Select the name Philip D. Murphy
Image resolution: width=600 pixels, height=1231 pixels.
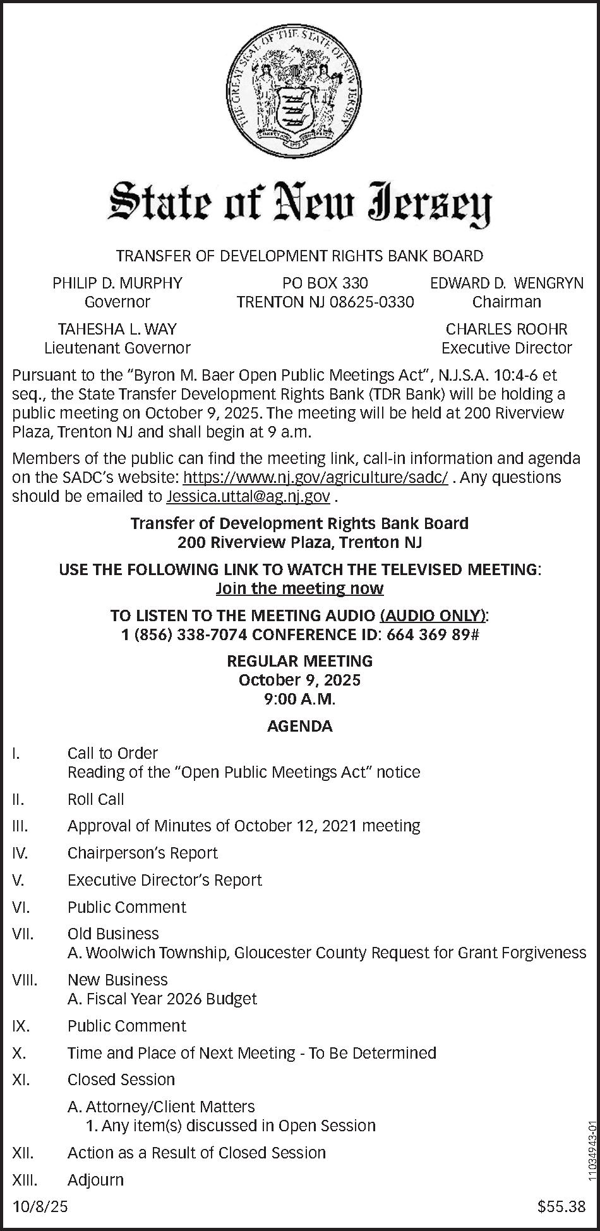tap(117, 283)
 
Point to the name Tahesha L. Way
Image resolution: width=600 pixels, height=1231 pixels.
tap(117, 329)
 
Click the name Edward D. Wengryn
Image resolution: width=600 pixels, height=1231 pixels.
tap(507, 283)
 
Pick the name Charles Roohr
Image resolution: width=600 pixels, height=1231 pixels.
tap(507, 329)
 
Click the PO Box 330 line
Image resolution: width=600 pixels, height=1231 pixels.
tap(325, 283)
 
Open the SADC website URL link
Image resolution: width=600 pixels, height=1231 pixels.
tap(315, 477)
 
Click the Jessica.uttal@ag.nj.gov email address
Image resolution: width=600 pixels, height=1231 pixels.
tap(248, 497)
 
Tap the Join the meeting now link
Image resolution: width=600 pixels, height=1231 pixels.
tap(300, 588)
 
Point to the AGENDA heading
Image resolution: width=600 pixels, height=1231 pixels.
tap(300, 726)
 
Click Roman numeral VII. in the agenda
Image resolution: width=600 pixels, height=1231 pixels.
tap(23, 934)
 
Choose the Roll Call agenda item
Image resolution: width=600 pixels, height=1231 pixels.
tap(96, 799)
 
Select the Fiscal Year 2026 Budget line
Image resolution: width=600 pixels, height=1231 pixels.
tap(162, 999)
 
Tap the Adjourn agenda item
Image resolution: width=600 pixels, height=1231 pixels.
tap(95, 1179)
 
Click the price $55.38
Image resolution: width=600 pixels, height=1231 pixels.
tap(561, 1207)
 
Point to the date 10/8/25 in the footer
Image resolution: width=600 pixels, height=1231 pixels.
tap(40, 1207)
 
